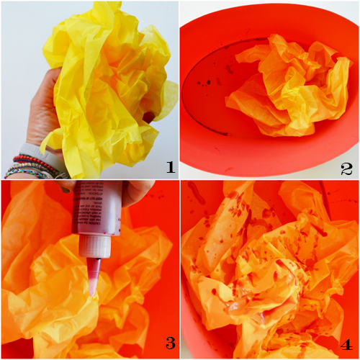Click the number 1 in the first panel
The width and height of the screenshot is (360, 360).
click(x=170, y=168)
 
